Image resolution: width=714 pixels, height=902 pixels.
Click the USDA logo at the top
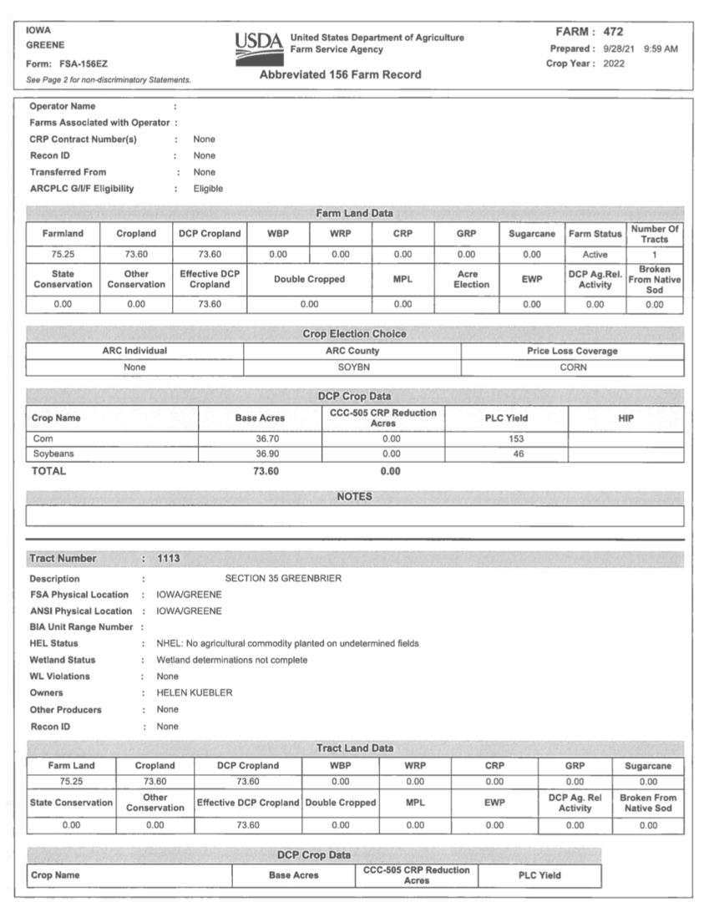click(258, 44)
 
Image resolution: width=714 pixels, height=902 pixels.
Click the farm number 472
click(614, 32)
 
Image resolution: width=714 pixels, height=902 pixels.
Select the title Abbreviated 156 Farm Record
click(340, 74)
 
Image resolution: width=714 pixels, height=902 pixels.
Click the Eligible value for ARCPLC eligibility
click(208, 189)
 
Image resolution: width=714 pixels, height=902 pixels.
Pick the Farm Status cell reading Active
click(595, 255)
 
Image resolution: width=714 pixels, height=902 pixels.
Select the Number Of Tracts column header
click(655, 234)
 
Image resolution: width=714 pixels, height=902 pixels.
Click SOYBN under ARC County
click(352, 367)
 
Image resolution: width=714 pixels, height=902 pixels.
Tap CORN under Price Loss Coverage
click(573, 367)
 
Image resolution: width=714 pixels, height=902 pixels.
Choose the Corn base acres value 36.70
click(269, 438)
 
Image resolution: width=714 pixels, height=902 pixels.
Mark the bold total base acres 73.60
click(269, 471)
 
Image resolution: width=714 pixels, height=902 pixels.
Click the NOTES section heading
click(354, 496)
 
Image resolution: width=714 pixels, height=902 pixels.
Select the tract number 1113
click(168, 558)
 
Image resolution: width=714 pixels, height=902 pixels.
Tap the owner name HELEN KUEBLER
click(195, 692)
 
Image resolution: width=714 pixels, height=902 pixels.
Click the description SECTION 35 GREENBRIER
click(283, 578)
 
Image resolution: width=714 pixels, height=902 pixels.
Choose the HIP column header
click(625, 418)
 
